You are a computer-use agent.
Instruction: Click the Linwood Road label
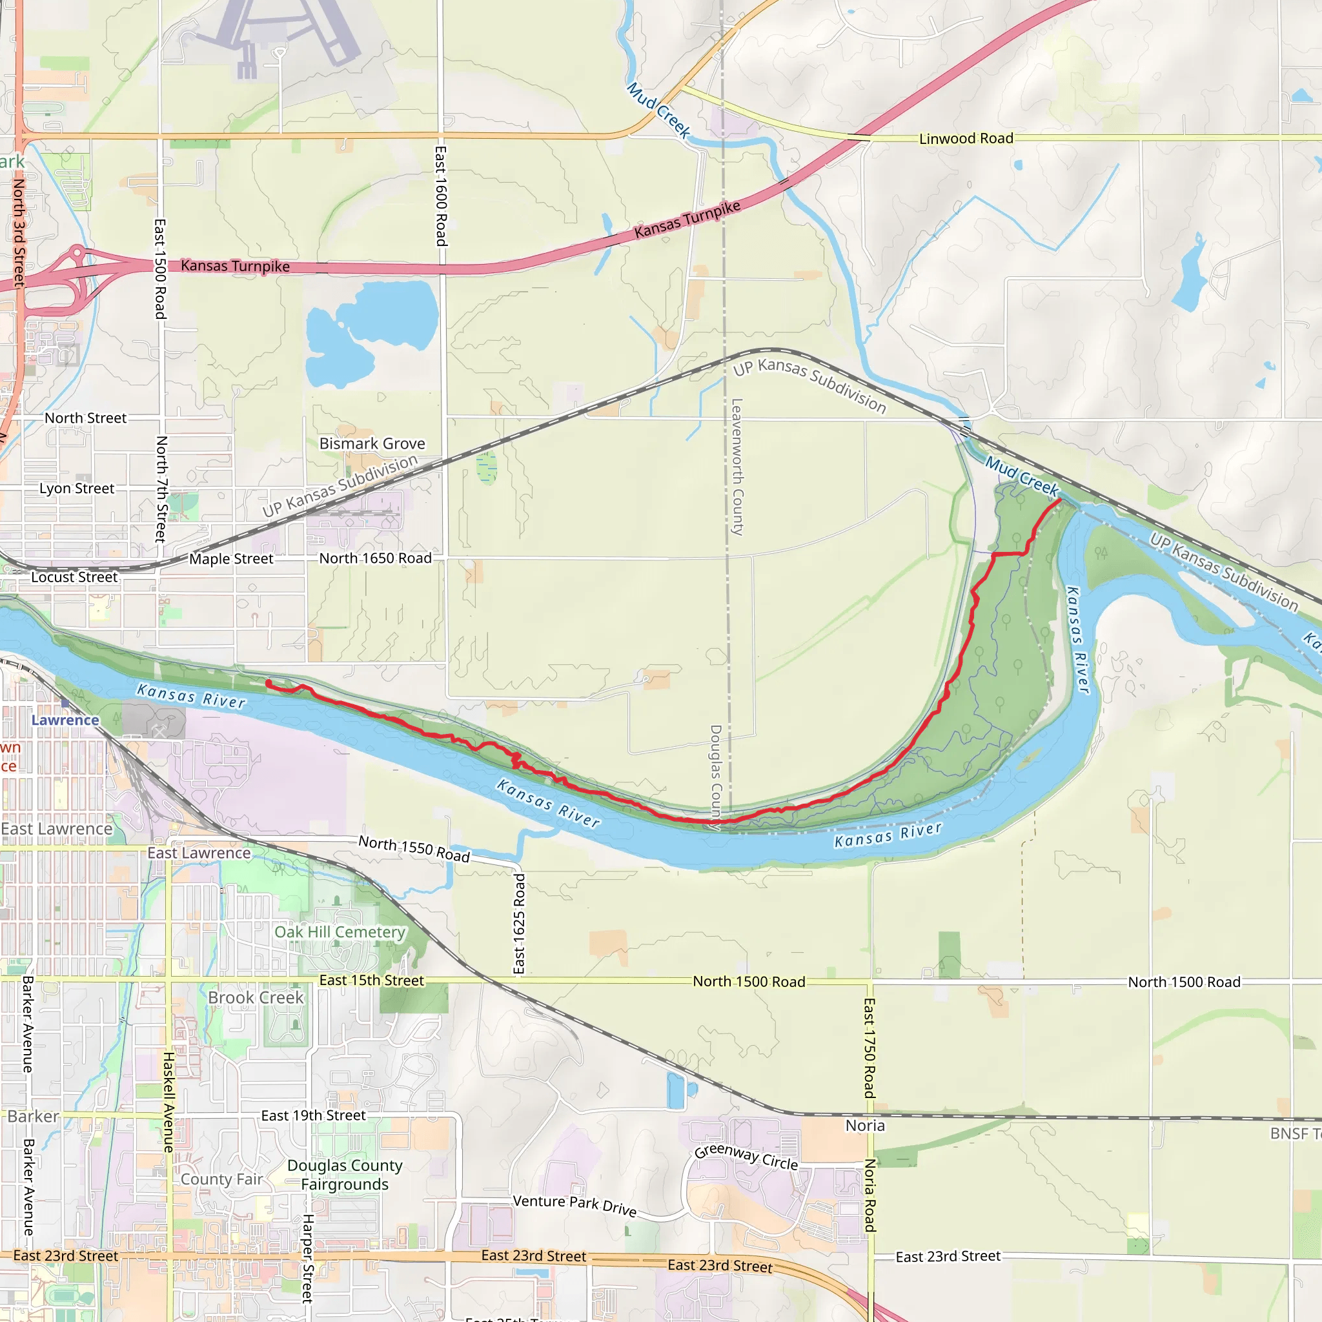pos(966,139)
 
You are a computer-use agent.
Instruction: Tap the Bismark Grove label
pos(372,443)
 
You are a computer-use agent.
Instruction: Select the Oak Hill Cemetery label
pos(340,932)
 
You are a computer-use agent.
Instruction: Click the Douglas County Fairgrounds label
pos(345,1175)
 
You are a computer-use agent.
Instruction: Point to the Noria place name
pos(865,1126)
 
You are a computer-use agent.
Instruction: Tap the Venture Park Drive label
pos(575,1205)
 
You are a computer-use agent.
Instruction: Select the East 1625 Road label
pos(520,923)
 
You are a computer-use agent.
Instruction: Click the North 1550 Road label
pos(414,848)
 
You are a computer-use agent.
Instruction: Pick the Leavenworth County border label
pos(737,467)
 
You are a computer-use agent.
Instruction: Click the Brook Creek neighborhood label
pos(256,998)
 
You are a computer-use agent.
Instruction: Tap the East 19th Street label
pos(313,1115)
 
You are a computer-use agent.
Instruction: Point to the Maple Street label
pos(231,559)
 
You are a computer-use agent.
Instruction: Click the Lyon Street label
pos(77,489)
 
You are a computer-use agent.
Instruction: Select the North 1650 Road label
pos(376,558)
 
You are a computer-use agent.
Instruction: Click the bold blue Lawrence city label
pos(66,720)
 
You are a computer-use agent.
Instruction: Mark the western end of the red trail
pos(267,682)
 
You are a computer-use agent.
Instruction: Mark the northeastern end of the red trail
pos(1060,500)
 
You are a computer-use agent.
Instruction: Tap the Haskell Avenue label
pos(168,1102)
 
